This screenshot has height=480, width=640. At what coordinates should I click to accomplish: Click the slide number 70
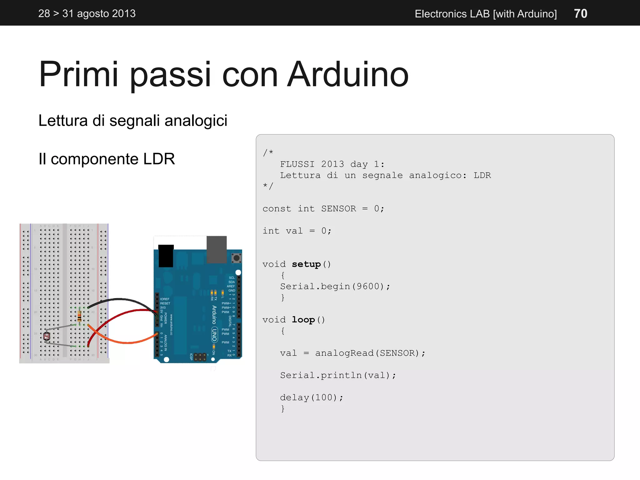pyautogui.click(x=580, y=14)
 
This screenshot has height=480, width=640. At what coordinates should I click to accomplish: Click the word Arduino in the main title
pyautogui.click(x=347, y=74)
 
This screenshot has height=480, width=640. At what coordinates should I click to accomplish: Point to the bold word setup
pyautogui.click(x=306, y=264)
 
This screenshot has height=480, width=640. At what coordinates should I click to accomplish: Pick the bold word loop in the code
pyautogui.click(x=303, y=320)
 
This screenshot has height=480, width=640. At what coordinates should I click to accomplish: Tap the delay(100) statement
pyautogui.click(x=311, y=397)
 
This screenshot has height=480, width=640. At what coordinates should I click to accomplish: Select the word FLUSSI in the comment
pyautogui.click(x=297, y=164)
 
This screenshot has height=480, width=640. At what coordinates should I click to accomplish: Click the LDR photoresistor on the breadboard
pyautogui.click(x=47, y=336)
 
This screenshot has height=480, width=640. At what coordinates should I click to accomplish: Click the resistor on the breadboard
pyautogui.click(x=79, y=316)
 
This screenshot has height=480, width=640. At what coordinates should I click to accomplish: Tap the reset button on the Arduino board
pyautogui.click(x=236, y=258)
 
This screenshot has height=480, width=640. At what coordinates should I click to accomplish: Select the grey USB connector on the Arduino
pyautogui.click(x=217, y=249)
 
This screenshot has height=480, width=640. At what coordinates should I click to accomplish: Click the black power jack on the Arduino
pyautogui.click(x=166, y=256)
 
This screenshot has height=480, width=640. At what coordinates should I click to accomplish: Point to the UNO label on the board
pyautogui.click(x=214, y=335)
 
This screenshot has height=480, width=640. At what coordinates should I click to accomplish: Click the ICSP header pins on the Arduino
pyautogui.click(x=200, y=357)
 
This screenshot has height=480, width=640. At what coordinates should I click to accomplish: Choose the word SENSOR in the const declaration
pyautogui.click(x=338, y=209)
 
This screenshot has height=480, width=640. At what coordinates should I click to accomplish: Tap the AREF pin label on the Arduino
pyautogui.click(x=231, y=286)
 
